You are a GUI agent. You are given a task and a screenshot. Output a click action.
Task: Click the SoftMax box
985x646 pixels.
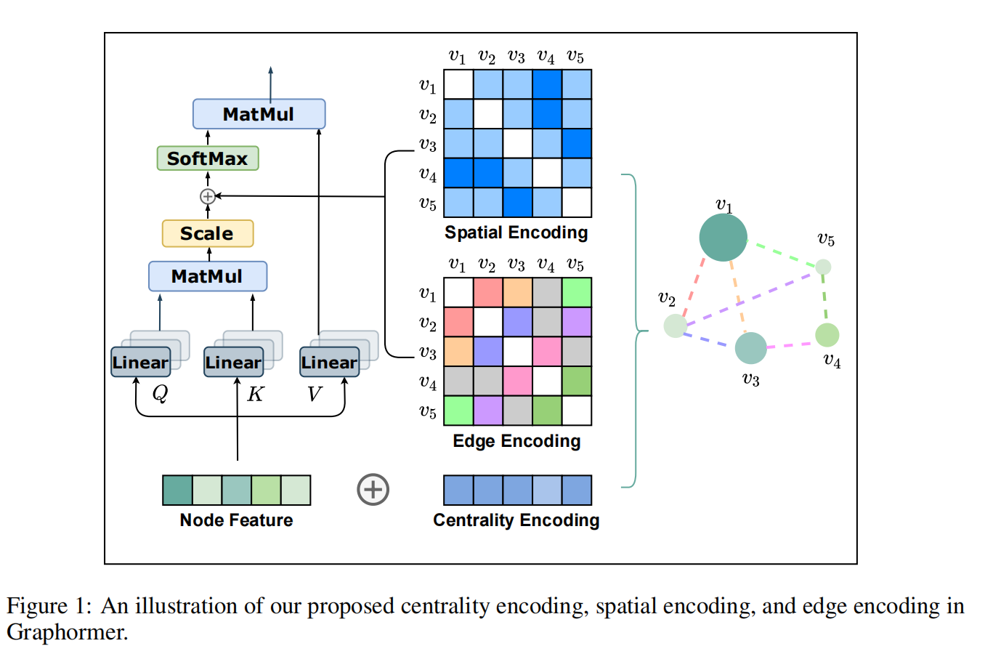208,158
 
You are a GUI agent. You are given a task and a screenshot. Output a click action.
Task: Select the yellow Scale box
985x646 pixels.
208,233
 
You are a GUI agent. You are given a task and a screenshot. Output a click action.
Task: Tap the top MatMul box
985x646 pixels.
259,113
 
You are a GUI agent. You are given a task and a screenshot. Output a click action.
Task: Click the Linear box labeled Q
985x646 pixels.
139,362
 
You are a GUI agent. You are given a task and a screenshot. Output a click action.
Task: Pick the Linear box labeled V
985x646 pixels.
328,362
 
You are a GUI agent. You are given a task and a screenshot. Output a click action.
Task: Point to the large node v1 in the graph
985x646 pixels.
723,238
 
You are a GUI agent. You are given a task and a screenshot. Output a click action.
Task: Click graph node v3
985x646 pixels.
750,347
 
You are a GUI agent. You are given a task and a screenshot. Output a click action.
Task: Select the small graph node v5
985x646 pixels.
822,267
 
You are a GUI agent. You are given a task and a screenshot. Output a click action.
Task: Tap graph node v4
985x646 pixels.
827,335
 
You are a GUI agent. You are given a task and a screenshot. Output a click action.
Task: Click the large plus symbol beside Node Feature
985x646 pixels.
373,489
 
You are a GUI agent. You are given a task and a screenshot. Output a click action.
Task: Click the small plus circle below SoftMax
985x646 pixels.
208,195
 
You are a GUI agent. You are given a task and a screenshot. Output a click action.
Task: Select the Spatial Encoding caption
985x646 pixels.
516,233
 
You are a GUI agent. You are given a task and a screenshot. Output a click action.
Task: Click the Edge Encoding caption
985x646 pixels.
516,440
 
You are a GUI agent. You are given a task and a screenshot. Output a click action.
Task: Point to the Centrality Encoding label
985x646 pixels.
516,520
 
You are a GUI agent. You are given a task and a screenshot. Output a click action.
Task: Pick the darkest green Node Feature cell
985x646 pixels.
177,490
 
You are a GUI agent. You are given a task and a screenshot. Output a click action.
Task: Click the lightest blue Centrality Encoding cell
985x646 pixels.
547,490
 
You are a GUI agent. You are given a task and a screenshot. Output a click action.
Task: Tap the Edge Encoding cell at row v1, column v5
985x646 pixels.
577,292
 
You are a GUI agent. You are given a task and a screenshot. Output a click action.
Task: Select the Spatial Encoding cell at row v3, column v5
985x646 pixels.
577,143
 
